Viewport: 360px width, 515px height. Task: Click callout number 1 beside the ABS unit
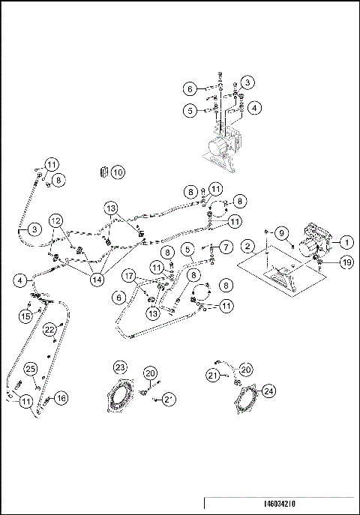click(x=346, y=242)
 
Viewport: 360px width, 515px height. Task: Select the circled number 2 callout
click(x=246, y=246)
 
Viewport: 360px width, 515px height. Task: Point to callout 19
click(x=345, y=262)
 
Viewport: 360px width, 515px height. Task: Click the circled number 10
click(x=118, y=172)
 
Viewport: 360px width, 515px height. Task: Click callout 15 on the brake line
click(x=24, y=317)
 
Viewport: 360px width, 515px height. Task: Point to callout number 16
click(x=61, y=398)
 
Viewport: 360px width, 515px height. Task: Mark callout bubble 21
click(x=214, y=376)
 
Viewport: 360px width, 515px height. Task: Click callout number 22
click(x=49, y=329)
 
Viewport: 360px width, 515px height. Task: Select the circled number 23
click(x=121, y=367)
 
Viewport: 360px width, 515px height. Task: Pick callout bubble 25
click(x=31, y=368)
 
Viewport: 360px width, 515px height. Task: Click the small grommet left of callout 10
click(x=103, y=172)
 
